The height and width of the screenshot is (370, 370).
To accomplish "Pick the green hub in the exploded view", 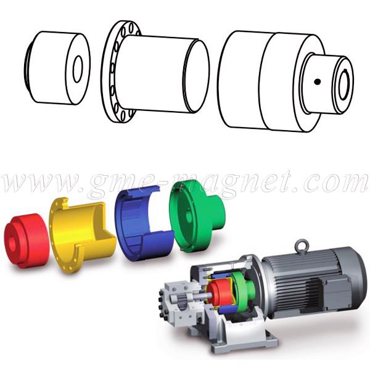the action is pyautogui.click(x=197, y=217).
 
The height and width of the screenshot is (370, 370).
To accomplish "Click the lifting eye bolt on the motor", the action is pyautogui.click(x=302, y=245).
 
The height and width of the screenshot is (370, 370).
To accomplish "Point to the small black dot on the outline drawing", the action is pyautogui.click(x=317, y=81).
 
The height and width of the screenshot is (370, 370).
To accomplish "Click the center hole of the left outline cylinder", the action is pyautogui.click(x=78, y=69).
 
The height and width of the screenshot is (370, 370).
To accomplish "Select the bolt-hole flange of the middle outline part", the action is pyautogui.click(x=120, y=72).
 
